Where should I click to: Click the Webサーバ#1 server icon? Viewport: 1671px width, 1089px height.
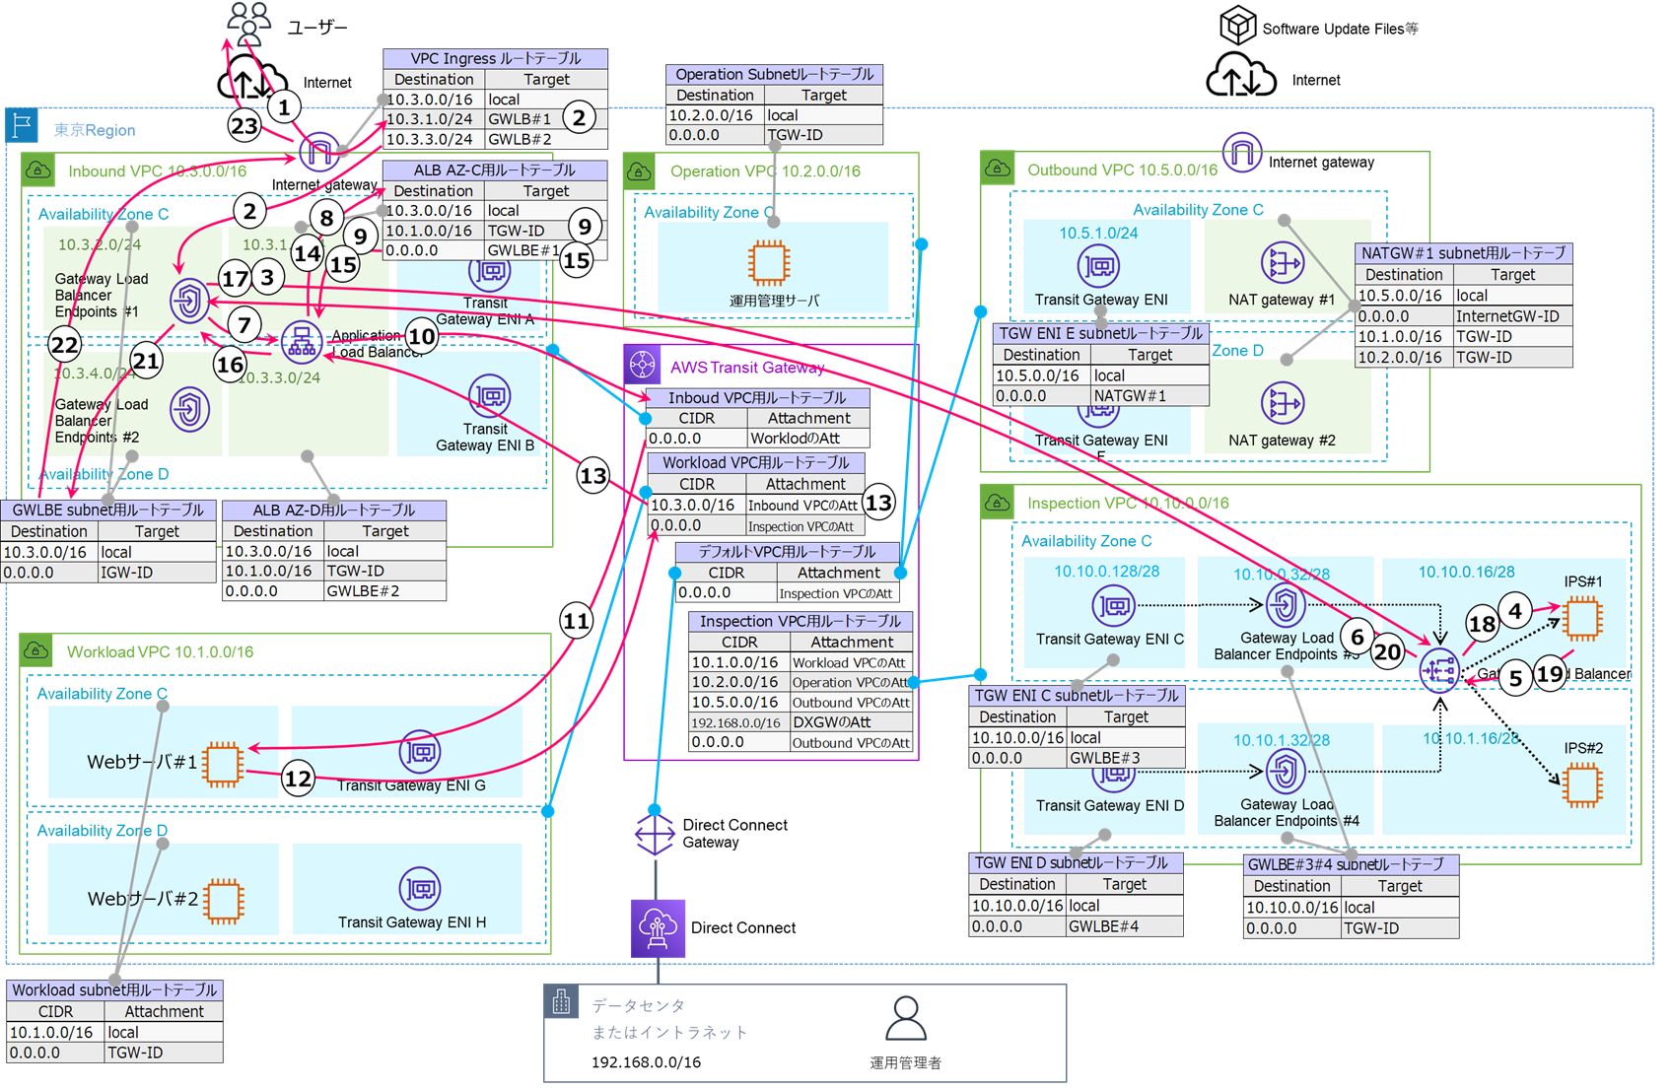point(223,763)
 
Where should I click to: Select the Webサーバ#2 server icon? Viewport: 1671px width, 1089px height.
point(224,900)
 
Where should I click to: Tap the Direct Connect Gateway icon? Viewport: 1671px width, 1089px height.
point(655,834)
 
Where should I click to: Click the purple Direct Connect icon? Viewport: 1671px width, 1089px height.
point(658,927)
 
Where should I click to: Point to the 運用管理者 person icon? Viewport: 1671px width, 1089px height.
point(905,1019)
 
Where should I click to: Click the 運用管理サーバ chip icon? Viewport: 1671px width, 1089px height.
point(768,263)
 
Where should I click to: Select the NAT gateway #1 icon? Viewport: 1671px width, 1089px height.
point(1282,264)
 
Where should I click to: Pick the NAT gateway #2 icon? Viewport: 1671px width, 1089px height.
point(1282,404)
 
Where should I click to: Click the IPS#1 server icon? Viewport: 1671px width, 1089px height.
point(1582,618)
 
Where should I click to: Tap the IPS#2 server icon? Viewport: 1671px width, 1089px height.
point(1582,785)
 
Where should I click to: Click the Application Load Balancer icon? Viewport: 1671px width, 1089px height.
point(302,341)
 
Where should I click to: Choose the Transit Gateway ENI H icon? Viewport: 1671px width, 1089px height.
point(420,888)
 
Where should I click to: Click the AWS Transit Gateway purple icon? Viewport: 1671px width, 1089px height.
point(643,366)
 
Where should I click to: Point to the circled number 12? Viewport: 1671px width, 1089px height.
point(298,779)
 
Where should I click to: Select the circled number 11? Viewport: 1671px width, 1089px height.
point(576,621)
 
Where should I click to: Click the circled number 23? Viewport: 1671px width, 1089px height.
point(244,125)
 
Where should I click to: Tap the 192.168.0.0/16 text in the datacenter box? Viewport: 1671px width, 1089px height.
point(646,1062)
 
